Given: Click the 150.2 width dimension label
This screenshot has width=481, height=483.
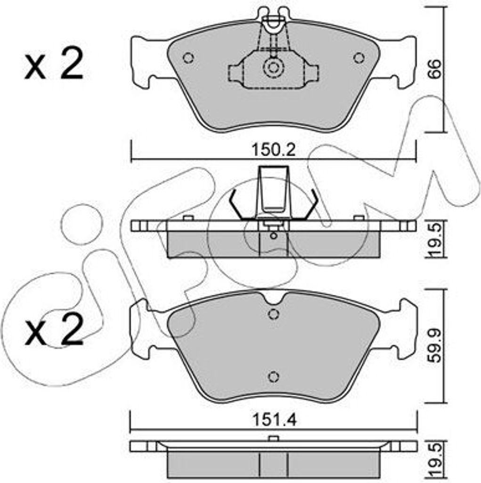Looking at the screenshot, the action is (x=274, y=150).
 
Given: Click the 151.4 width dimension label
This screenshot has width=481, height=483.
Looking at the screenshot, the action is (x=275, y=420).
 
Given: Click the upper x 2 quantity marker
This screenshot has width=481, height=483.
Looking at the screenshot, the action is (x=54, y=65).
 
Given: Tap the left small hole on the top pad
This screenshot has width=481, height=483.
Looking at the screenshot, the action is (x=188, y=58).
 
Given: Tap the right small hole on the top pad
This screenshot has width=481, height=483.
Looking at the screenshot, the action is (x=359, y=58).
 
